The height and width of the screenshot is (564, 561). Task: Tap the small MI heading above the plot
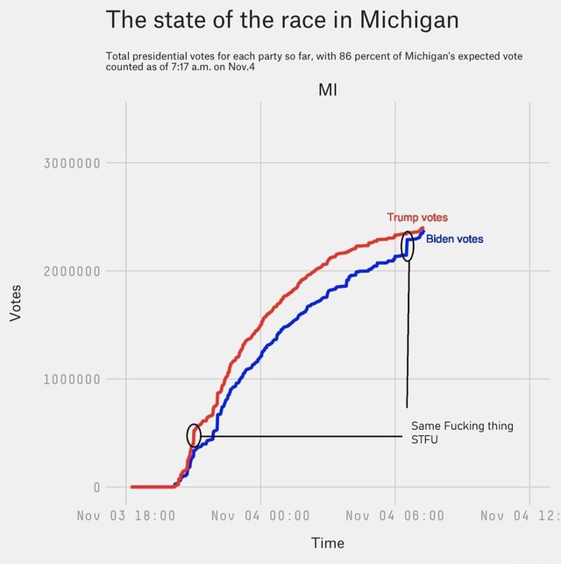pyautogui.click(x=327, y=90)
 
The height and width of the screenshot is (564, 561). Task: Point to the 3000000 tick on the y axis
pyautogui.click(x=74, y=162)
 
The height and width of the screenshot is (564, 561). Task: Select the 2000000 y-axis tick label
pyautogui.click(x=74, y=271)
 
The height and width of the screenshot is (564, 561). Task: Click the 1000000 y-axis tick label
pyautogui.click(x=74, y=379)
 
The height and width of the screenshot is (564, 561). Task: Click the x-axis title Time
pyautogui.click(x=327, y=543)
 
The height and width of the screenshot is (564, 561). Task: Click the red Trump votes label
pyautogui.click(x=417, y=218)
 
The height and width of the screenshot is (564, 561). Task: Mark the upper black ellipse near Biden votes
pyautogui.click(x=408, y=247)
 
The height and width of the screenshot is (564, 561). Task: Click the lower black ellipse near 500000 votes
pyautogui.click(x=194, y=435)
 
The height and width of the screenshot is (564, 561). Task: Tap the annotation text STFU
pyautogui.click(x=426, y=440)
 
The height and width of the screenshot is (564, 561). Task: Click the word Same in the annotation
pyautogui.click(x=426, y=426)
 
